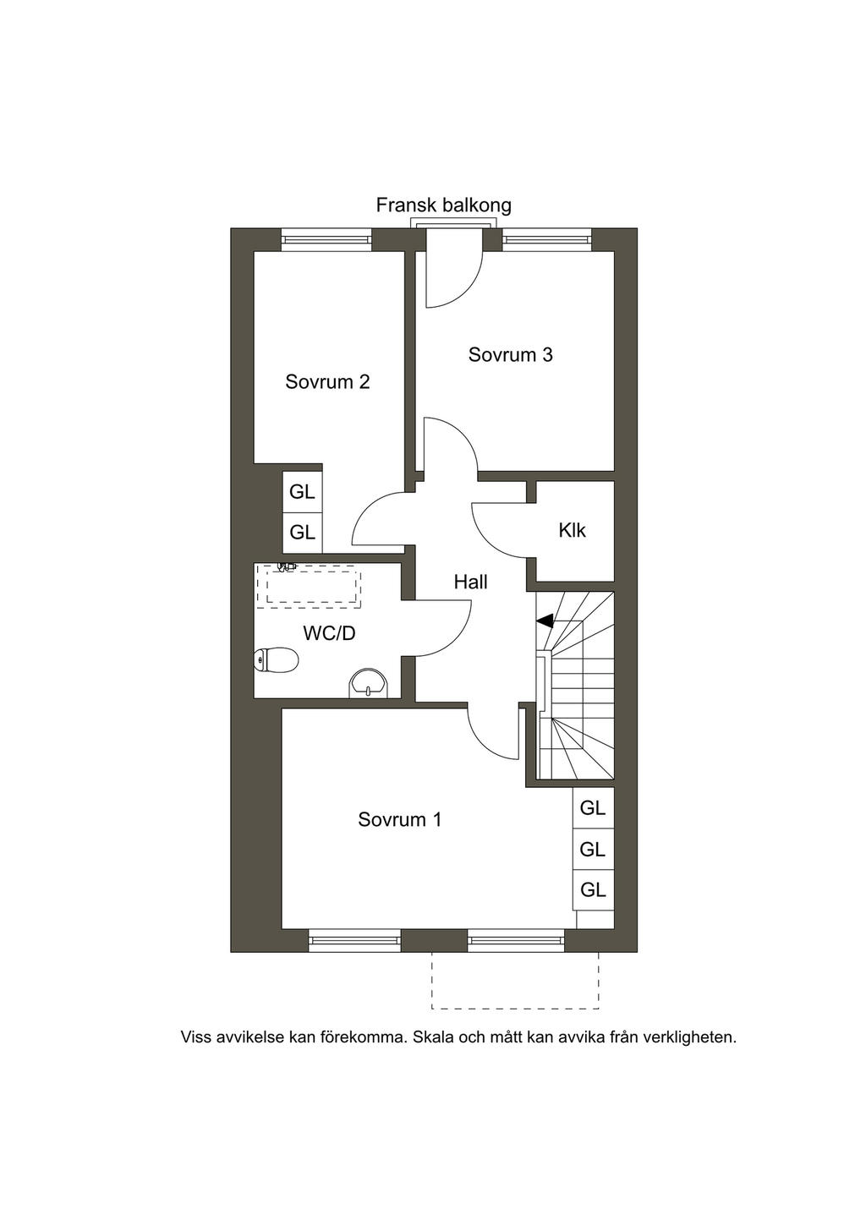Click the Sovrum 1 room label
click(399, 820)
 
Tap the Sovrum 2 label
click(327, 382)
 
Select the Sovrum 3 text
click(511, 355)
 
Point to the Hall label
click(470, 582)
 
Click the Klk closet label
click(573, 530)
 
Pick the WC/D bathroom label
click(329, 633)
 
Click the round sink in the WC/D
click(368, 684)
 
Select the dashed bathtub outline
click(314, 587)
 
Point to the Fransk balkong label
click(443, 205)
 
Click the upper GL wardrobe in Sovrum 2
click(302, 492)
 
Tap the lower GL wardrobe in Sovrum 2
click(302, 532)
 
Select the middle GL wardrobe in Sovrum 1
click(593, 850)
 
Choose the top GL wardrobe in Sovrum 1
click(593, 808)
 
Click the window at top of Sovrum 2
click(326, 239)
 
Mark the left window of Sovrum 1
click(354, 939)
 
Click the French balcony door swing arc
click(469, 287)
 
